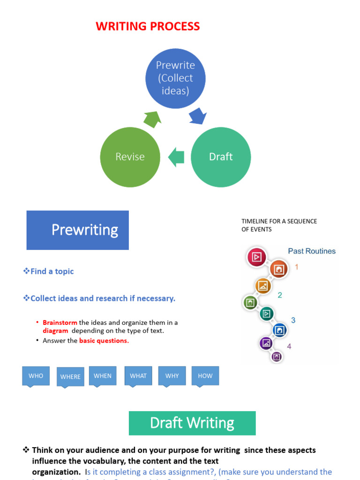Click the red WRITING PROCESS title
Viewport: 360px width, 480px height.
point(148,26)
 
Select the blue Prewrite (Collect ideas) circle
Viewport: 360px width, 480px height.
point(175,78)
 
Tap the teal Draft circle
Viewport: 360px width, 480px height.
point(221,157)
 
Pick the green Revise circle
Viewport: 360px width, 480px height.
point(130,157)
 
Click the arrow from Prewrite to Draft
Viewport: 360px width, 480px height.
point(197,116)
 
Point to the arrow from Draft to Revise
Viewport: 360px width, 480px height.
point(176,157)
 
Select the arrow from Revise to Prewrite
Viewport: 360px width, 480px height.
point(152,119)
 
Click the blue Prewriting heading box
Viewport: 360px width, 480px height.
point(78,230)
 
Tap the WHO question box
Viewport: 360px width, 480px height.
point(36,376)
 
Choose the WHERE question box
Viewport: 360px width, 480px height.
point(70,377)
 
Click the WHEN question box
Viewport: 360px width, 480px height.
point(103,376)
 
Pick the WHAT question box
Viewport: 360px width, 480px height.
point(138,376)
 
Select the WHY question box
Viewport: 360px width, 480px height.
point(172,376)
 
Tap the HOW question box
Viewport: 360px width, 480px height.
point(205,376)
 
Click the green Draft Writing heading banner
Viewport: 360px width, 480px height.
point(192,423)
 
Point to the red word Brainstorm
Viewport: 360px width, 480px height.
point(60,322)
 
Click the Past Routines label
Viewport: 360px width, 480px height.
point(312,251)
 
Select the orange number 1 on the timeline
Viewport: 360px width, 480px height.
point(296,267)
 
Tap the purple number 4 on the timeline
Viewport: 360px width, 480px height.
point(289,346)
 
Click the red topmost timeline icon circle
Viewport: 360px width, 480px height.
point(256,257)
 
